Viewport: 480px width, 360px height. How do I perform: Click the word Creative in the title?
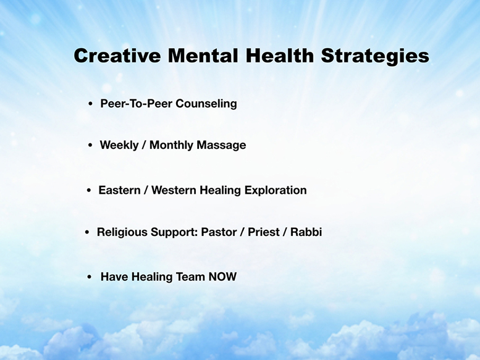point(117,56)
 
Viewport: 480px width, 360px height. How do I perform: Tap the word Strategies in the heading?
point(375,57)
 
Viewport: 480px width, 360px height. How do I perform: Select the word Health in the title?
point(280,56)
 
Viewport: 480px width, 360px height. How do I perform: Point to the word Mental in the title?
point(203,56)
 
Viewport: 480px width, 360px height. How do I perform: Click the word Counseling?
point(206,104)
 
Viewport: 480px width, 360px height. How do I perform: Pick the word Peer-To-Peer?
point(137,103)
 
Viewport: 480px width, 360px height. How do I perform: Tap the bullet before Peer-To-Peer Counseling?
point(90,104)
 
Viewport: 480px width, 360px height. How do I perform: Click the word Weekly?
point(119,145)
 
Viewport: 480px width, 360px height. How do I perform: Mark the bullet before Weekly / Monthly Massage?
point(90,145)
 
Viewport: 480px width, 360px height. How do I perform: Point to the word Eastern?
point(119,190)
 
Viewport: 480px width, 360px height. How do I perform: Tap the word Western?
point(174,190)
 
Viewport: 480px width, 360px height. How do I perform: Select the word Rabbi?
point(306,232)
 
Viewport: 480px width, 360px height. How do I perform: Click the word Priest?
point(264,232)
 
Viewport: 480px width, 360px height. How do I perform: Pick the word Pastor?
point(219,232)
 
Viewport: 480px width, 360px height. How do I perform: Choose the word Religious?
point(122,232)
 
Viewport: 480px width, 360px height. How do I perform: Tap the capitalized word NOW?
point(222,277)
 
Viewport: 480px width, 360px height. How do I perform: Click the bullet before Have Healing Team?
point(90,277)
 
